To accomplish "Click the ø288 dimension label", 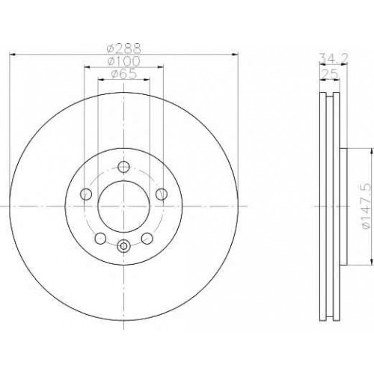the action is coord(124,49).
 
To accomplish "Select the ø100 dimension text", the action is coord(124,61).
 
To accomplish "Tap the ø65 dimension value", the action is coord(124,74).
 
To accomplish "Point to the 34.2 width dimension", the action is coord(334,59).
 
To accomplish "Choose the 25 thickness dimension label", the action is coord(330,74).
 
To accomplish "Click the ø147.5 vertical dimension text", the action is coord(367,206).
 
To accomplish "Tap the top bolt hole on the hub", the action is coord(123,167).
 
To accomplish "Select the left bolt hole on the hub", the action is coord(86,194).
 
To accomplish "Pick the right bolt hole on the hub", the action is coord(162,194).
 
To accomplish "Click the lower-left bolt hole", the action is coord(100,238).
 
